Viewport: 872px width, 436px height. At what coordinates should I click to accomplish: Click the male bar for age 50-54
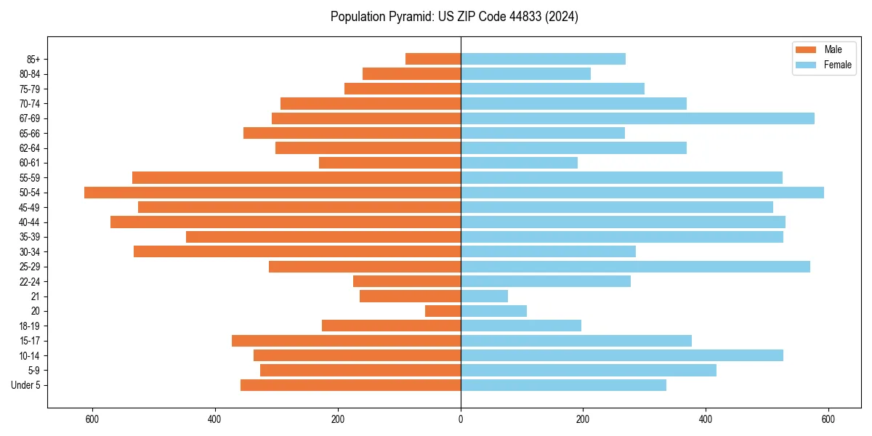(x=272, y=193)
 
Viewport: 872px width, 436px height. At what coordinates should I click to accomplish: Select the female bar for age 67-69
(x=637, y=118)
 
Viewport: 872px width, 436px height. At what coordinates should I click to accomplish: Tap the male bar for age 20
(x=443, y=311)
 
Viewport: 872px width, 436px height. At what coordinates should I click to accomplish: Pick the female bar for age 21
(x=484, y=296)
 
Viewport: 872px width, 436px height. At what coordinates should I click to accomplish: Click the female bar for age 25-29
(x=635, y=267)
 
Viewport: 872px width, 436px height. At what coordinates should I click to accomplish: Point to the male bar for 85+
(x=433, y=59)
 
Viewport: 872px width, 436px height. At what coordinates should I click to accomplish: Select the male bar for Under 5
(x=350, y=385)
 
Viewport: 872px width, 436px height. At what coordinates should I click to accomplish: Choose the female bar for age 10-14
(x=622, y=355)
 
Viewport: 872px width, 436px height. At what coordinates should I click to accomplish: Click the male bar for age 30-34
(x=297, y=251)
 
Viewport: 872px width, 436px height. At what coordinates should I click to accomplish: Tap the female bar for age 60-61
(x=519, y=163)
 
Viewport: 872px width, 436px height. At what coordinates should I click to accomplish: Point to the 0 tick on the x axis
(x=461, y=419)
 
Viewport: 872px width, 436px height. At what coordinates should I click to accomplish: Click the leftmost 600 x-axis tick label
(x=92, y=419)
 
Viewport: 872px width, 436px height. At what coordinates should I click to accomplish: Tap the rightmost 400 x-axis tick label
(x=706, y=419)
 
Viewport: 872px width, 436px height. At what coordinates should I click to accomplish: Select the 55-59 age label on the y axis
(x=30, y=178)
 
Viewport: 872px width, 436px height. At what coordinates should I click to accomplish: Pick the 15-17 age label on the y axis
(x=30, y=341)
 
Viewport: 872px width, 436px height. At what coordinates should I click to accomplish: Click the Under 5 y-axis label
(x=26, y=385)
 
